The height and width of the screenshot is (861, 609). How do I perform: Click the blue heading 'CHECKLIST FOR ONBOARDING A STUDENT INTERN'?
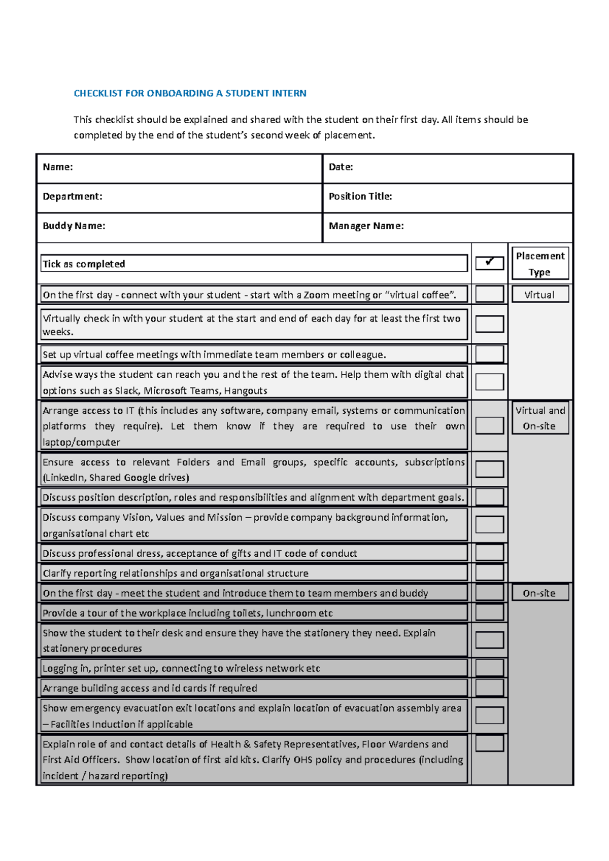click(x=190, y=93)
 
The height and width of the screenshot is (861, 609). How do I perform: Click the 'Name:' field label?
click(x=58, y=167)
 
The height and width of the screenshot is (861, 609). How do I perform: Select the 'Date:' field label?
click(x=341, y=167)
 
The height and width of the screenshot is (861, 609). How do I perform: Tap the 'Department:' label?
click(x=73, y=197)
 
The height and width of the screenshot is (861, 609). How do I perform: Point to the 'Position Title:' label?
click(x=360, y=197)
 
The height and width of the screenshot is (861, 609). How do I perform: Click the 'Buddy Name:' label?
click(x=74, y=226)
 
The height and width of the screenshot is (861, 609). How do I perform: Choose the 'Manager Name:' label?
click(x=366, y=226)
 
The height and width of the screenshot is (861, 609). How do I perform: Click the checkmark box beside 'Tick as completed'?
click(x=489, y=263)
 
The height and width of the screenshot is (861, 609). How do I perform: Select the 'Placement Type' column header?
click(x=540, y=264)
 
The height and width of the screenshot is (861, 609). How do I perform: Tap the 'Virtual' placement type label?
click(x=539, y=295)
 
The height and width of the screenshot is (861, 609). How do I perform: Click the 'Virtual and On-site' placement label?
click(x=540, y=418)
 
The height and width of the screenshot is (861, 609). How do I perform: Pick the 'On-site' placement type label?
click(x=539, y=593)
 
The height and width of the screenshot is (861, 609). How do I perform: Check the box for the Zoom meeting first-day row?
click(x=489, y=294)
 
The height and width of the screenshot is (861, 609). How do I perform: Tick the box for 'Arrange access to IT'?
click(x=489, y=426)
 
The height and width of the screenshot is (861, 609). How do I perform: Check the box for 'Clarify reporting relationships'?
click(x=489, y=572)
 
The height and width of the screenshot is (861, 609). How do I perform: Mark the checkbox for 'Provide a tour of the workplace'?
click(x=489, y=613)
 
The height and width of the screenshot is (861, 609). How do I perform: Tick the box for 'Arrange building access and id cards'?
click(x=489, y=688)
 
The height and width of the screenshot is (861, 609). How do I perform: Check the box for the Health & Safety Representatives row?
click(x=489, y=744)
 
